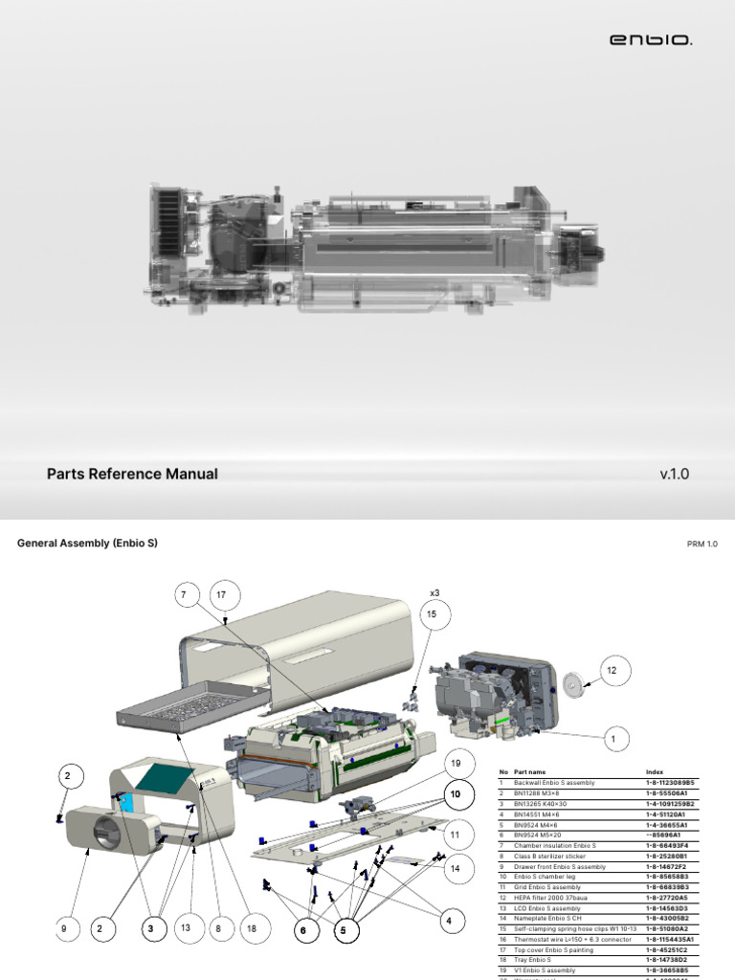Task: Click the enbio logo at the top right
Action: (x=651, y=40)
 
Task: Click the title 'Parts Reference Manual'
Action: (x=132, y=474)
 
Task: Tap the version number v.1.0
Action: (x=674, y=474)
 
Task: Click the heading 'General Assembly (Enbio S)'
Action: (x=87, y=543)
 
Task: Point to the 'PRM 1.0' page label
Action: (x=702, y=544)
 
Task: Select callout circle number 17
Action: (x=223, y=595)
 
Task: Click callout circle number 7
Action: (x=183, y=595)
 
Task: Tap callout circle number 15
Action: (x=431, y=613)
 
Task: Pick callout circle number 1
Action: (x=612, y=739)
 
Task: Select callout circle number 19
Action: (x=456, y=763)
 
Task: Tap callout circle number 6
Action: (x=302, y=928)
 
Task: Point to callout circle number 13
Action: (x=186, y=927)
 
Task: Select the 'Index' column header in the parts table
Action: (x=655, y=772)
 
